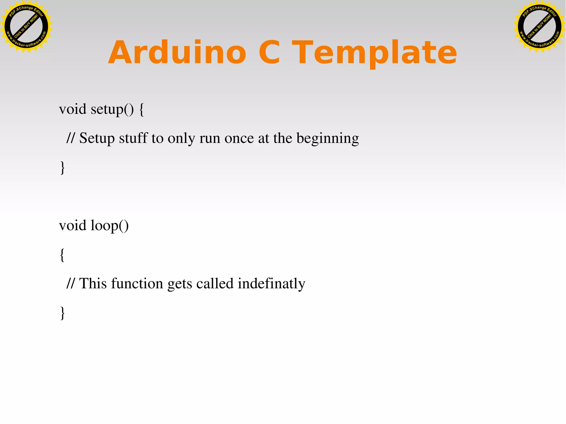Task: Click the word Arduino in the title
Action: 177,52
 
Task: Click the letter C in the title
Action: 269,52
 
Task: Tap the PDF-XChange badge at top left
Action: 26,27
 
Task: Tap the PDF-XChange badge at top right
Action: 539,27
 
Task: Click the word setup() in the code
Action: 112,109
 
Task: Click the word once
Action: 239,138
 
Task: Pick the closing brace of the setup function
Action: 62,168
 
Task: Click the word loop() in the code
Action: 110,226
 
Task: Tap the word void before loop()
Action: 73,225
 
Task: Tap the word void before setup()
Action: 73,109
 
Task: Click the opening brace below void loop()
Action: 62,255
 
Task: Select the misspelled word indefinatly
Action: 271,284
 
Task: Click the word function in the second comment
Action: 137,284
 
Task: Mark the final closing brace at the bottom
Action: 62,313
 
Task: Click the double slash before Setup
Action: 71,138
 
